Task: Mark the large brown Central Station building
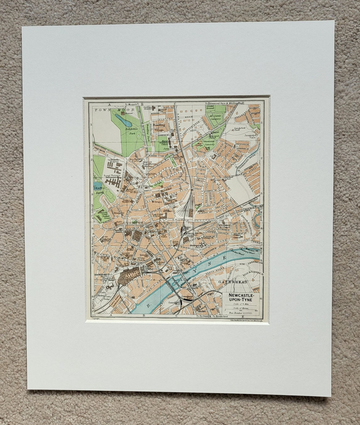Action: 130,275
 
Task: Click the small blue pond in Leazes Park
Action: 98,185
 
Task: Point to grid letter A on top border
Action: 110,104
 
